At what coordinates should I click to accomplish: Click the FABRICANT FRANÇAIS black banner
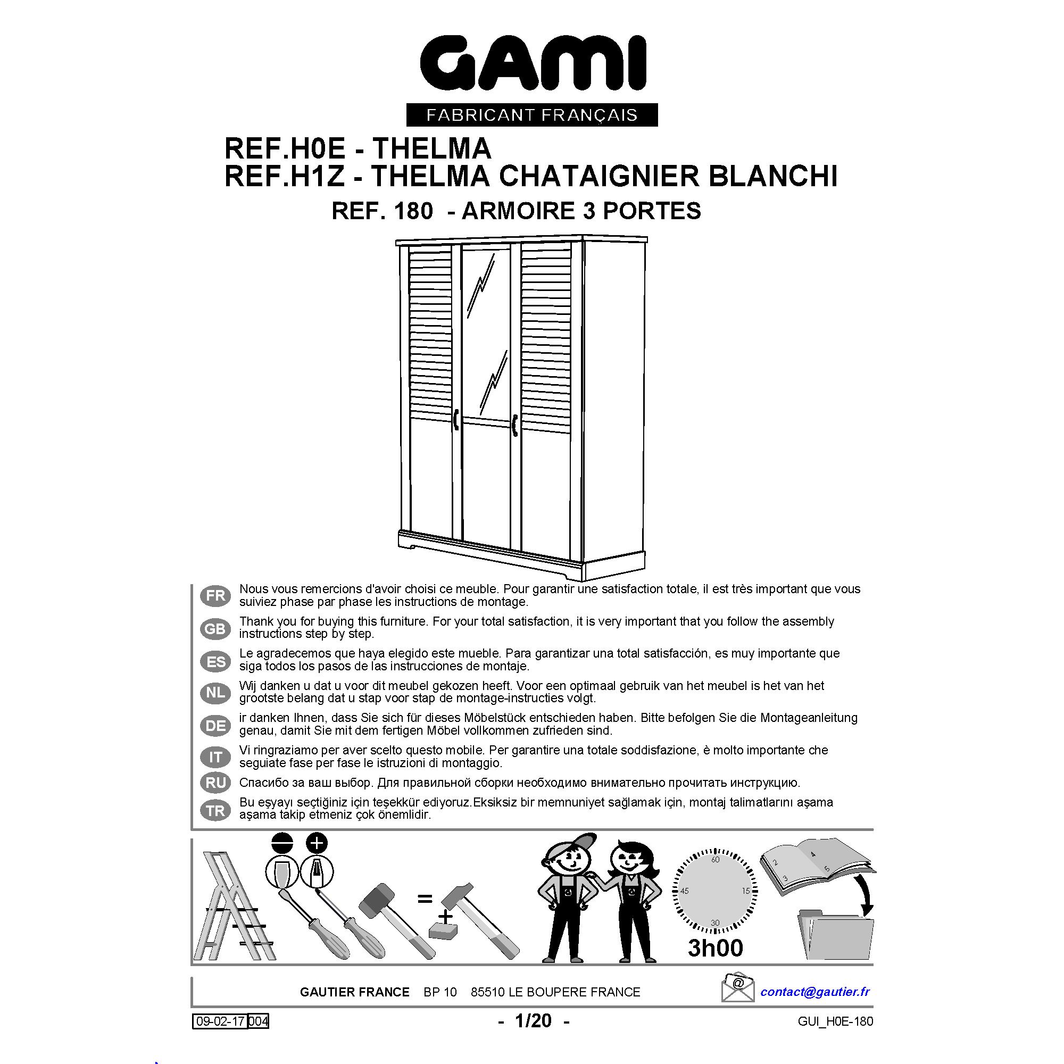tap(531, 115)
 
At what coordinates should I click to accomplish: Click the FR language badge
tap(215, 596)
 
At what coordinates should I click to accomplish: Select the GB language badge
tap(215, 628)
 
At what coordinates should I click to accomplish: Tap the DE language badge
tap(215, 725)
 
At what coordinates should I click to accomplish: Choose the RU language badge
tap(215, 782)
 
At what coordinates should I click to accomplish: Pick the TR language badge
tap(215, 810)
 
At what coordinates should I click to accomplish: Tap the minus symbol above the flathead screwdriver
tap(282, 843)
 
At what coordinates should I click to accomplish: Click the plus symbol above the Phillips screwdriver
tap(317, 843)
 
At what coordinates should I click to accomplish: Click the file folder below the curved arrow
tap(835, 936)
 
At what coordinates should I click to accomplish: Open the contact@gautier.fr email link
tap(815, 991)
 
